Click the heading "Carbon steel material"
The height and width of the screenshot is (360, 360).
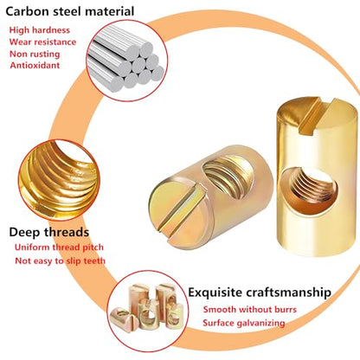(x=70, y=11)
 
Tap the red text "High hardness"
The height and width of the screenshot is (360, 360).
(x=40, y=30)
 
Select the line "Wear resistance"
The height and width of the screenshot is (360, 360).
(x=42, y=42)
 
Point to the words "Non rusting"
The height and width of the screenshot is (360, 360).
(x=35, y=54)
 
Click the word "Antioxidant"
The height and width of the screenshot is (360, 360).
(x=35, y=65)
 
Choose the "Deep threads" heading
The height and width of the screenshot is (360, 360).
(x=49, y=232)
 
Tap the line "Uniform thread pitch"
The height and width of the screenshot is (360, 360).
(x=59, y=247)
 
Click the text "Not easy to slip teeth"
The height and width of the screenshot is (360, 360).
(x=61, y=260)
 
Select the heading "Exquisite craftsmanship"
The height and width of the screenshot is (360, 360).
(x=260, y=292)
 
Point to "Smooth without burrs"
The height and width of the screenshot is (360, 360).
(x=250, y=310)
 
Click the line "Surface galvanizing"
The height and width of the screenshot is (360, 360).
(x=244, y=323)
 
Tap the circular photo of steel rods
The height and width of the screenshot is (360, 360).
(x=127, y=61)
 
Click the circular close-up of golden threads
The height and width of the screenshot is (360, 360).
(x=59, y=180)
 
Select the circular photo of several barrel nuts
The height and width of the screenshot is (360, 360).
(x=148, y=311)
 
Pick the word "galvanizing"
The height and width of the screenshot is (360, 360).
(x=260, y=324)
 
